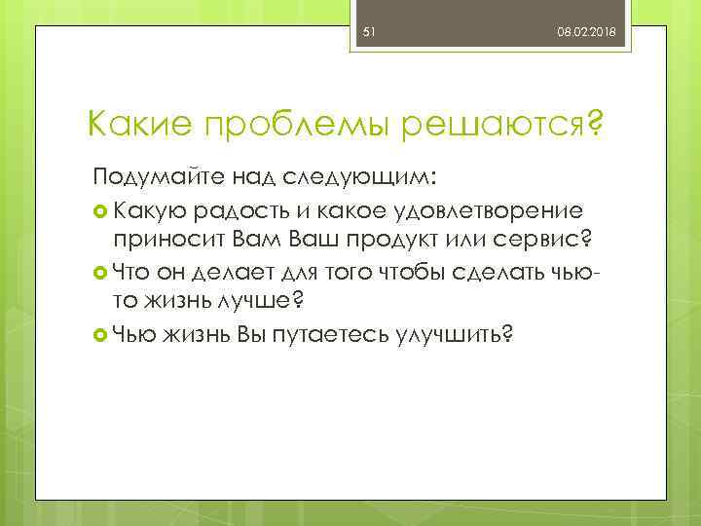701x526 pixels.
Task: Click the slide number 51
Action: [x=369, y=33]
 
